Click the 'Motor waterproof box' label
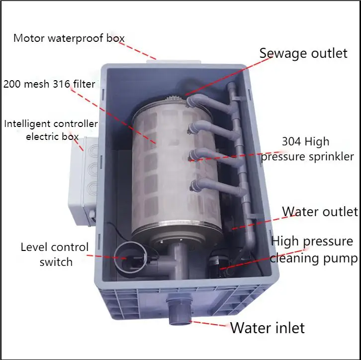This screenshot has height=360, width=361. point(69,38)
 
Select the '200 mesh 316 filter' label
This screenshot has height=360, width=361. point(49,84)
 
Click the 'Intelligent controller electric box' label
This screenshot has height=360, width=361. point(51,129)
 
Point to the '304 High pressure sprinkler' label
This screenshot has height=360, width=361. point(307,149)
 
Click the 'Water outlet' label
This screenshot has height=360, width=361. point(320,211)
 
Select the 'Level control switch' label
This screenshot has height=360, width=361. point(55,254)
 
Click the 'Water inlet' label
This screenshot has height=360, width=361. point(267,328)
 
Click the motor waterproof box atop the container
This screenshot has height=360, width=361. point(176,60)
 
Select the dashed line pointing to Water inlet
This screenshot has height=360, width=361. point(208,324)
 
